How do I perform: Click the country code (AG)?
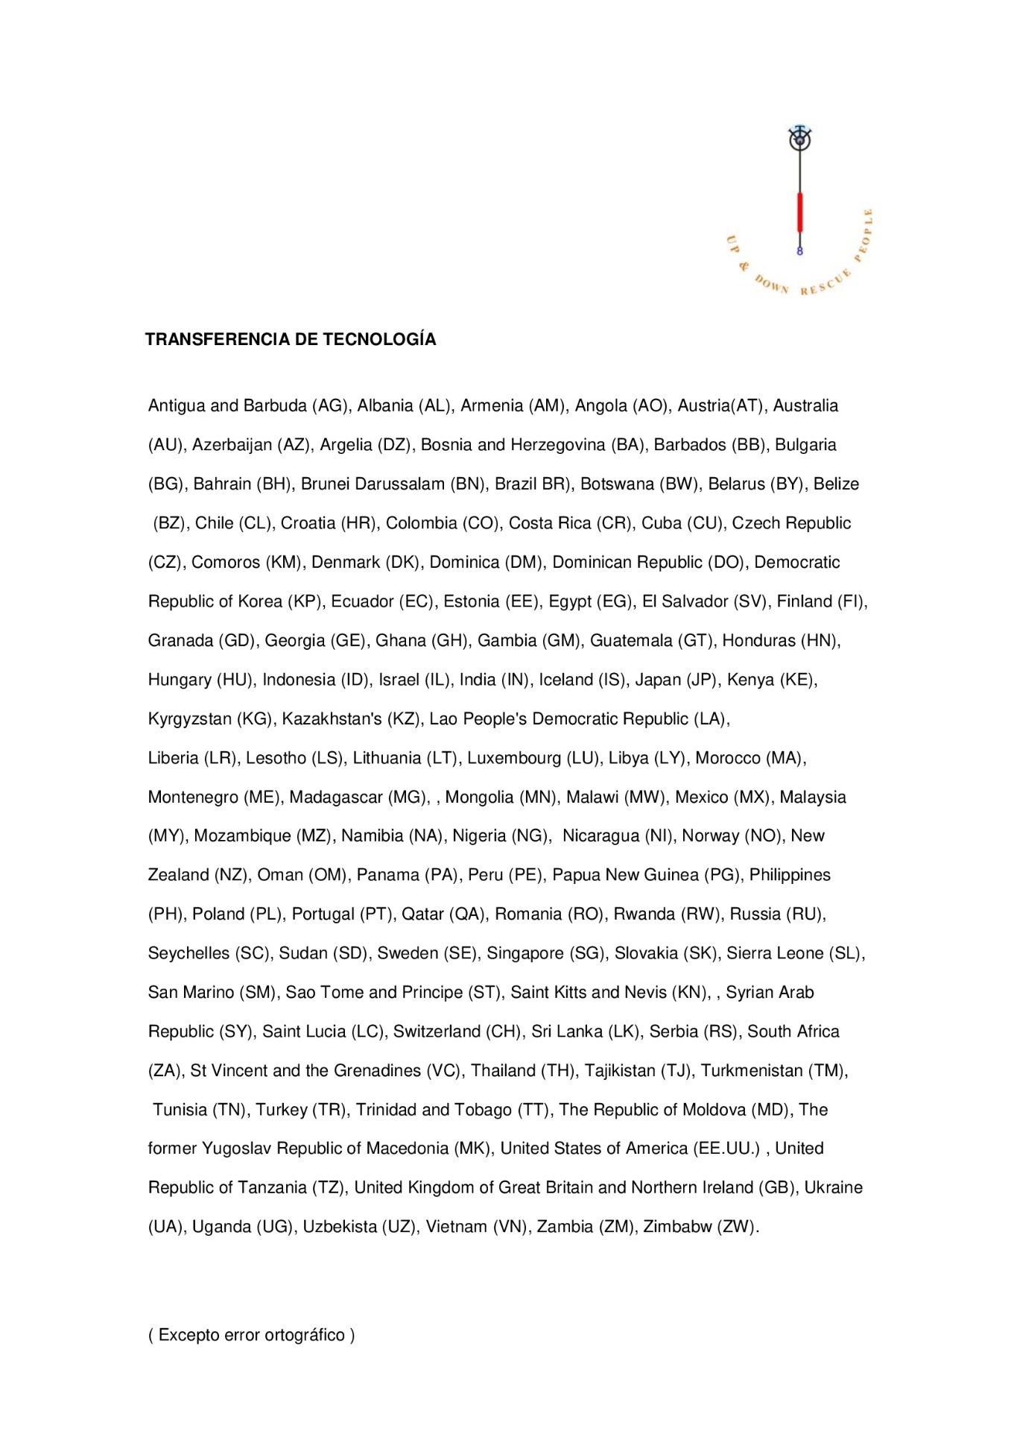330,406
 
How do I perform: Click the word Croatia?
308,523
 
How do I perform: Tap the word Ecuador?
361,601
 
